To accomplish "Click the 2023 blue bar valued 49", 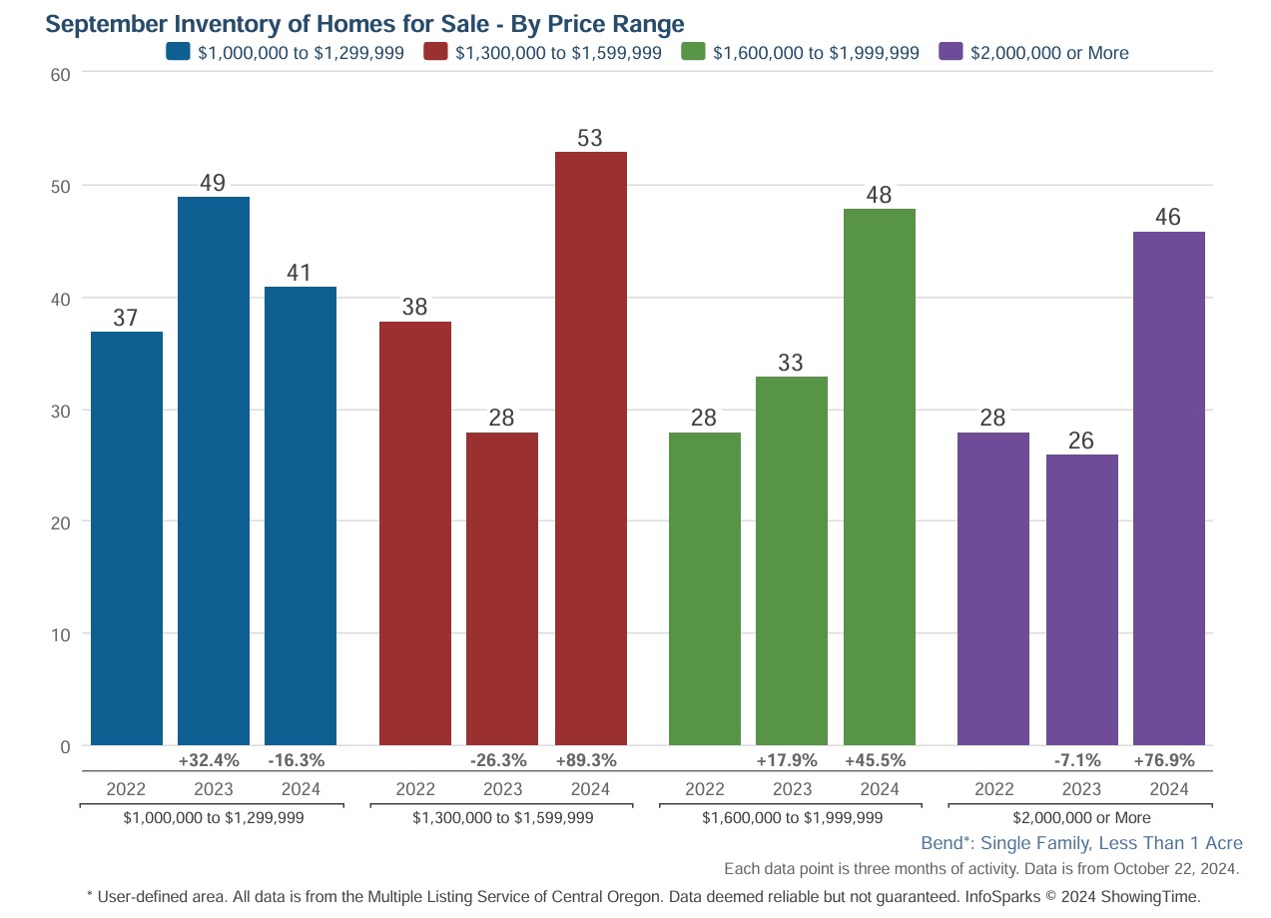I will [214, 469].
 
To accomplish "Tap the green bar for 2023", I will [792, 559].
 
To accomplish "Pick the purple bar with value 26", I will [1081, 599].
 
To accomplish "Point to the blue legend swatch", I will [179, 53].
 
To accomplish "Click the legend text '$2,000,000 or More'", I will [1049, 54].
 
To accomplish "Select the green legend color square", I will [694, 53].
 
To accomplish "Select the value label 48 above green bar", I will [879, 195].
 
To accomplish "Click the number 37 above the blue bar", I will [126, 319].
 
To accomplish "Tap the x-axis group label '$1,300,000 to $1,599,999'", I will [502, 818].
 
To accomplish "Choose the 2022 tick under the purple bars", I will [993, 789].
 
